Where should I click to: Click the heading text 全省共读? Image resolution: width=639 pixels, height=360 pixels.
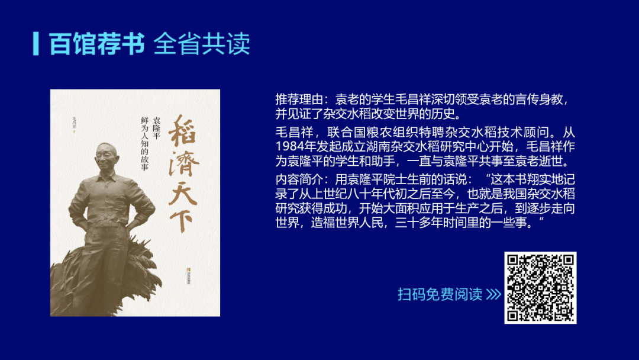(202, 44)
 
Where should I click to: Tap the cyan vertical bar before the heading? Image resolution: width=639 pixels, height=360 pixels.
(36, 43)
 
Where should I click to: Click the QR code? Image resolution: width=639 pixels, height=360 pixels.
(540, 288)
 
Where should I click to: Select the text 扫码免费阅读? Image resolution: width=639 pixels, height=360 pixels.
(440, 294)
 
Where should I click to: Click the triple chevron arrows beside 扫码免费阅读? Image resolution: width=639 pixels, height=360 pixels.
(493, 294)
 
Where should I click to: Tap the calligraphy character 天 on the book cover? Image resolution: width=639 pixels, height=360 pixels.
(185, 189)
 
